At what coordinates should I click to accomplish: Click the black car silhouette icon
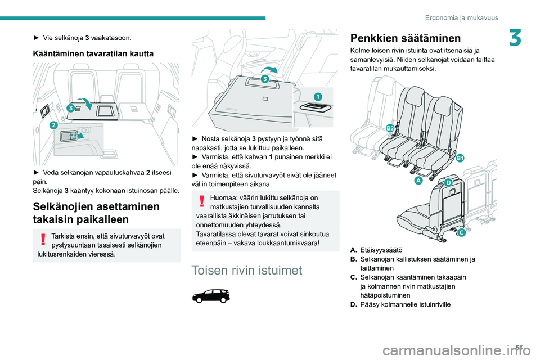pos(211,296)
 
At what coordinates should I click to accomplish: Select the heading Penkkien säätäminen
pos(406,38)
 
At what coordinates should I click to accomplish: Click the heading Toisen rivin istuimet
pos(246,270)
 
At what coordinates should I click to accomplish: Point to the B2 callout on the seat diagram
pos(390,128)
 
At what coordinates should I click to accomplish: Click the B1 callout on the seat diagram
pos(460,158)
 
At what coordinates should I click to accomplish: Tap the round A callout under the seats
pos(418,180)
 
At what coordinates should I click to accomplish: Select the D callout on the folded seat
pos(448,183)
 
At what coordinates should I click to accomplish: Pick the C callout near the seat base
pos(461,232)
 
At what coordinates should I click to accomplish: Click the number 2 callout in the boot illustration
pos(53,125)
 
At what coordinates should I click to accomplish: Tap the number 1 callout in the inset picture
pos(317,96)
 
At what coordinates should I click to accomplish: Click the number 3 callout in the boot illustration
pos(71,108)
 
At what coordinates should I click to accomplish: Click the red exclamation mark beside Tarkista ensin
pos(43,239)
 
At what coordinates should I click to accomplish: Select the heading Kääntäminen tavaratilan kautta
pos(93,54)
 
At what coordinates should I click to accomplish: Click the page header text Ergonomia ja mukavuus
pos(461,17)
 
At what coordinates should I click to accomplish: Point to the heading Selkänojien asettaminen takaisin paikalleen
pos(96,213)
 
